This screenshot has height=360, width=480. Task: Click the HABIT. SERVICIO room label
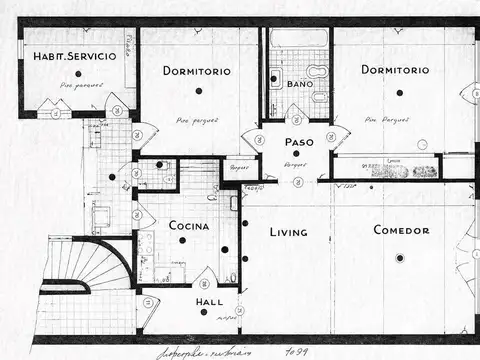75,56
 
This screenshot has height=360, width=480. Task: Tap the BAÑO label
300,84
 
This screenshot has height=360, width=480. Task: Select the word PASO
299,142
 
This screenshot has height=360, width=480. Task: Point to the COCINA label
188,226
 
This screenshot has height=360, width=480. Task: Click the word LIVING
288,232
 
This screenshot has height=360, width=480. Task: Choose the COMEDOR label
401,230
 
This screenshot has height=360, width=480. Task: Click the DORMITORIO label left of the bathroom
200,71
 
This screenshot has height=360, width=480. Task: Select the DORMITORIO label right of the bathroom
395,71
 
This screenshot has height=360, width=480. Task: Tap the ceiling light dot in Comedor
400,257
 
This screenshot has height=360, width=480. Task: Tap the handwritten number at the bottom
295,352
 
